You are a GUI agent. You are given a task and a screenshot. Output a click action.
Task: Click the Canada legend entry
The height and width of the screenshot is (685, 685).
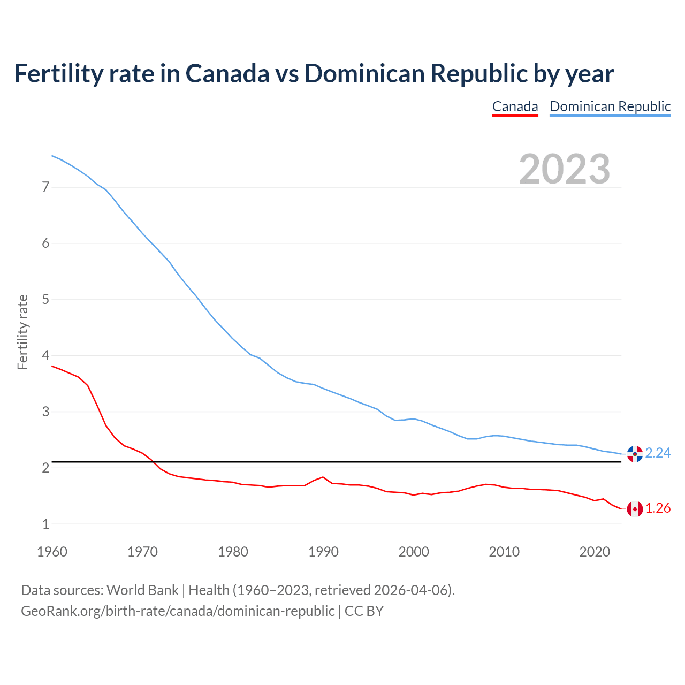515,106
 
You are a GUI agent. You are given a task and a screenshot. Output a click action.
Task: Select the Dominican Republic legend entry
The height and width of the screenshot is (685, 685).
610,106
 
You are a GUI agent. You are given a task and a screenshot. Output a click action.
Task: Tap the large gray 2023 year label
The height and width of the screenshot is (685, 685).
565,169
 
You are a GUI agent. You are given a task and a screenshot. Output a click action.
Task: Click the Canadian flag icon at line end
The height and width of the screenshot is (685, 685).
635,509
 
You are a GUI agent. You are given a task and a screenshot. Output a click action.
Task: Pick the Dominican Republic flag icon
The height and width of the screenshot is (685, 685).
635,454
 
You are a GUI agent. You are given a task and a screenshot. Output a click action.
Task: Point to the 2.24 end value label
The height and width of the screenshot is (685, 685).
658,453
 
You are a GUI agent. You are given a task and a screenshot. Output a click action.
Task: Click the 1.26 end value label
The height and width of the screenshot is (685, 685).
658,508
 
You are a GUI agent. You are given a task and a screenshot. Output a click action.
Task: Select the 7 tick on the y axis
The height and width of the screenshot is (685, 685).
45,187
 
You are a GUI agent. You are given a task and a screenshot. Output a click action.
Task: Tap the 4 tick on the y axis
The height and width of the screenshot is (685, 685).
45,356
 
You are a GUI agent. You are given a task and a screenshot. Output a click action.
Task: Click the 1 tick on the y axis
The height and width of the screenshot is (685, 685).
45,524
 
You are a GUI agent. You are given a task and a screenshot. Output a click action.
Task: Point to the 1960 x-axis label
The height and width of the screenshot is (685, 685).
52,552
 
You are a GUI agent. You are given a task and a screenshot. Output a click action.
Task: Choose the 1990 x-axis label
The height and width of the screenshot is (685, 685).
323,552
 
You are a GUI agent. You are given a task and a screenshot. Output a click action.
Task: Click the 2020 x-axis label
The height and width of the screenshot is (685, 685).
595,552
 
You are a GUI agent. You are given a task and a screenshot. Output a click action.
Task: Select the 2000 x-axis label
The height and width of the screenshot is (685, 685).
414,552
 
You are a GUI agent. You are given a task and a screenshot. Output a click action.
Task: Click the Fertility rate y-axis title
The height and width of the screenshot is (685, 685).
22,332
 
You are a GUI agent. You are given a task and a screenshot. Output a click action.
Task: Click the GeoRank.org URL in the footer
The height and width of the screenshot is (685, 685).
178,611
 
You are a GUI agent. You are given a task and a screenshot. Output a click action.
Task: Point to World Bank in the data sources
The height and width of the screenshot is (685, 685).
142,590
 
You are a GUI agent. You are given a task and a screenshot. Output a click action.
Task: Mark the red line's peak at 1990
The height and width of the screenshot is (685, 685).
323,477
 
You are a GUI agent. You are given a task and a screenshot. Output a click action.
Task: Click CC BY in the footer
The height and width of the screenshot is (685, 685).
364,611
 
